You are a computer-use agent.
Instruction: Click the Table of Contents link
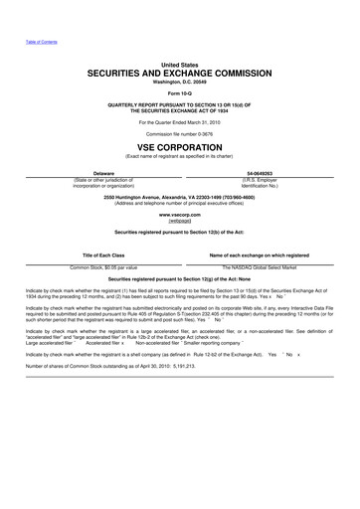pyautogui.click(x=27, y=43)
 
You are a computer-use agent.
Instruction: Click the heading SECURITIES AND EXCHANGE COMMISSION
pyautogui.click(x=180, y=74)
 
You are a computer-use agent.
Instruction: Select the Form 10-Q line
pyautogui.click(x=180, y=95)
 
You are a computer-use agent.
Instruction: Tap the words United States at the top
pyautogui.click(x=180, y=63)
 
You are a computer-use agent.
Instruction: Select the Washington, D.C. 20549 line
pyautogui.click(x=180, y=84)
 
